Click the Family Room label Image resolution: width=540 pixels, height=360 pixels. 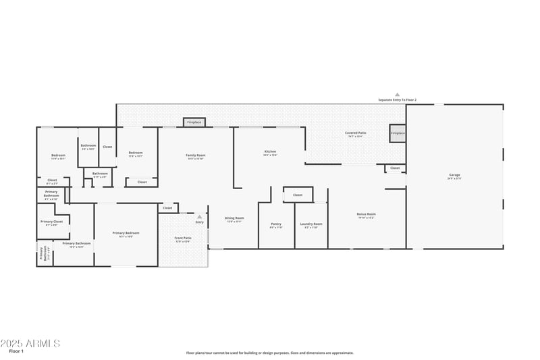coord(196,155)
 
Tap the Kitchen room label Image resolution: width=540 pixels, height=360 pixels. coord(270,152)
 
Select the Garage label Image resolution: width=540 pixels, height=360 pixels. coord(454,176)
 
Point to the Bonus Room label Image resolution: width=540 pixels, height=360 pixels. coord(366,215)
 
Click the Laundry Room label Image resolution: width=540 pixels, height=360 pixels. coord(311,224)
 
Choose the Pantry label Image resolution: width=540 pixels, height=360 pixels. coord(276,224)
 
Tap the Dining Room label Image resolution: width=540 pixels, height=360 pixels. coord(234,219)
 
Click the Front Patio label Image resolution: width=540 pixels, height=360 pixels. coord(182,238)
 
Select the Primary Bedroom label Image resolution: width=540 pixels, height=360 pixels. coord(126,234)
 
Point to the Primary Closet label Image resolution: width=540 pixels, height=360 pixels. coord(51,222)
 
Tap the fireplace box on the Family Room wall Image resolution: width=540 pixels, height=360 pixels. coord(194,122)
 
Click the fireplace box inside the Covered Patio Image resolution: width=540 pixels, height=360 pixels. coord(398,133)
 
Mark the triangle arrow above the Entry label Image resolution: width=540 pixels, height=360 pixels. coord(199,217)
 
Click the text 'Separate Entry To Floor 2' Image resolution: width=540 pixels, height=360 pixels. coord(397,100)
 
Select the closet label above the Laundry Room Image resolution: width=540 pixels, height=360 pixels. coord(297,195)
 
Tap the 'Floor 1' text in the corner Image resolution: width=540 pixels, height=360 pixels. coord(16,351)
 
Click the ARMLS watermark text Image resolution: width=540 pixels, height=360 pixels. coord(30,343)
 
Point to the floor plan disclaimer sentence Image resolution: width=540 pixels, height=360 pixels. coord(269,353)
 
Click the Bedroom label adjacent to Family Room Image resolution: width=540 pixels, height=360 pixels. coord(136,153)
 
